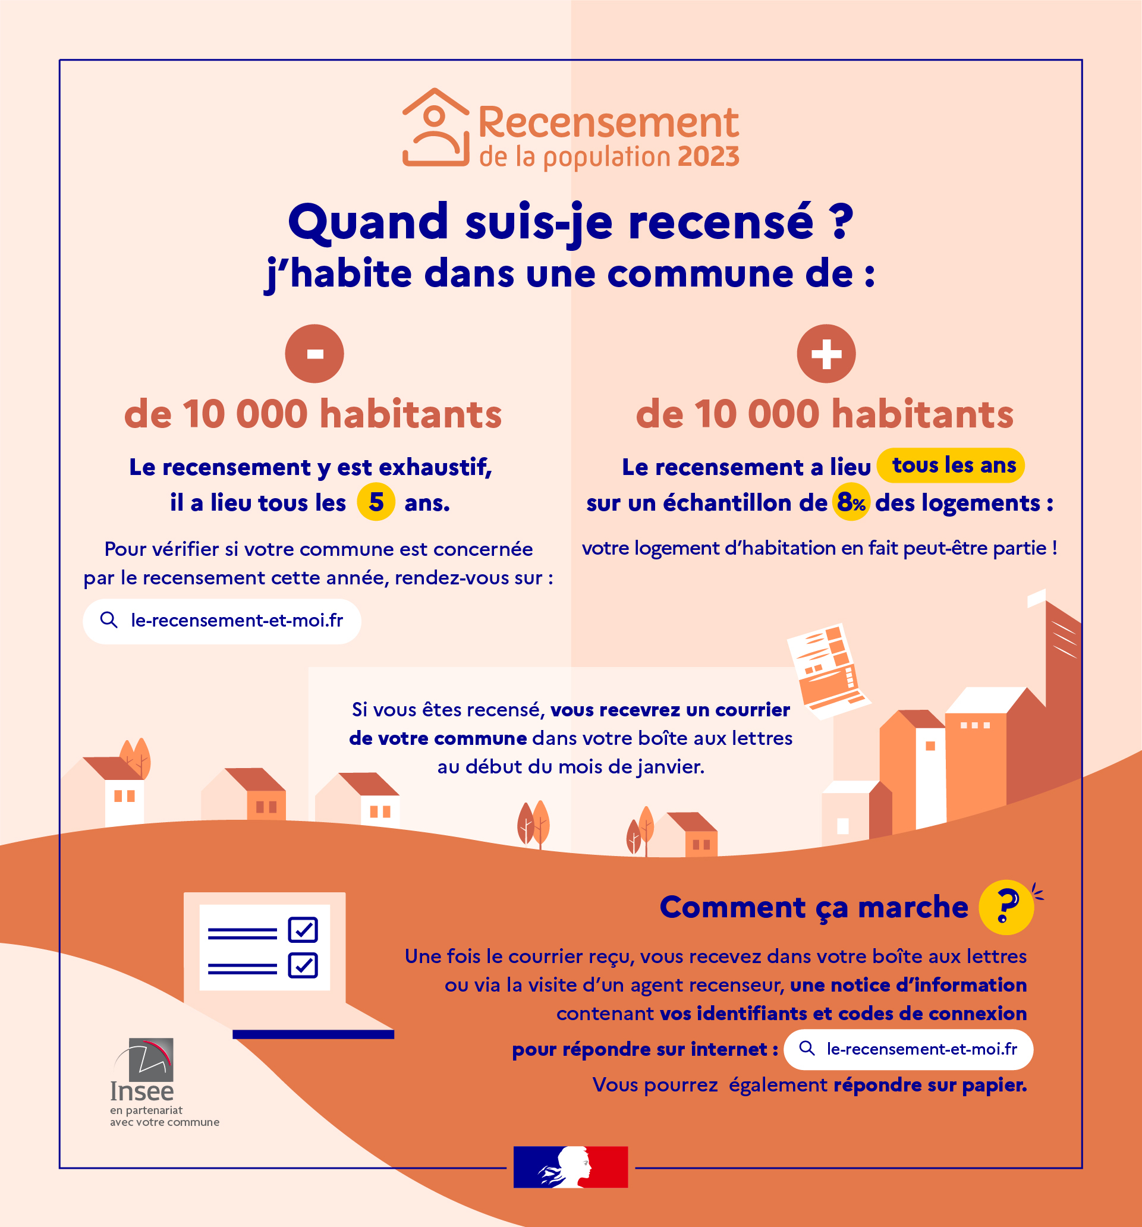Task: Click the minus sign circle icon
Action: [314, 354]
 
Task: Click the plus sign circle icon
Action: [826, 354]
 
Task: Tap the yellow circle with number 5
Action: [376, 502]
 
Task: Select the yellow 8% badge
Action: [851, 502]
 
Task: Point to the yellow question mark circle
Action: [1006, 907]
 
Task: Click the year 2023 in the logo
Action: [708, 158]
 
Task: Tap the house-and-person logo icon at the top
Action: [435, 128]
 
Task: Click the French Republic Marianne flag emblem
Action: [570, 1166]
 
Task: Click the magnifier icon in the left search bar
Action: [109, 620]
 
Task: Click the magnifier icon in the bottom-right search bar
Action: [806, 1048]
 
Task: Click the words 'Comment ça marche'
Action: [814, 907]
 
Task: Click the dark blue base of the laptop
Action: [313, 1034]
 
